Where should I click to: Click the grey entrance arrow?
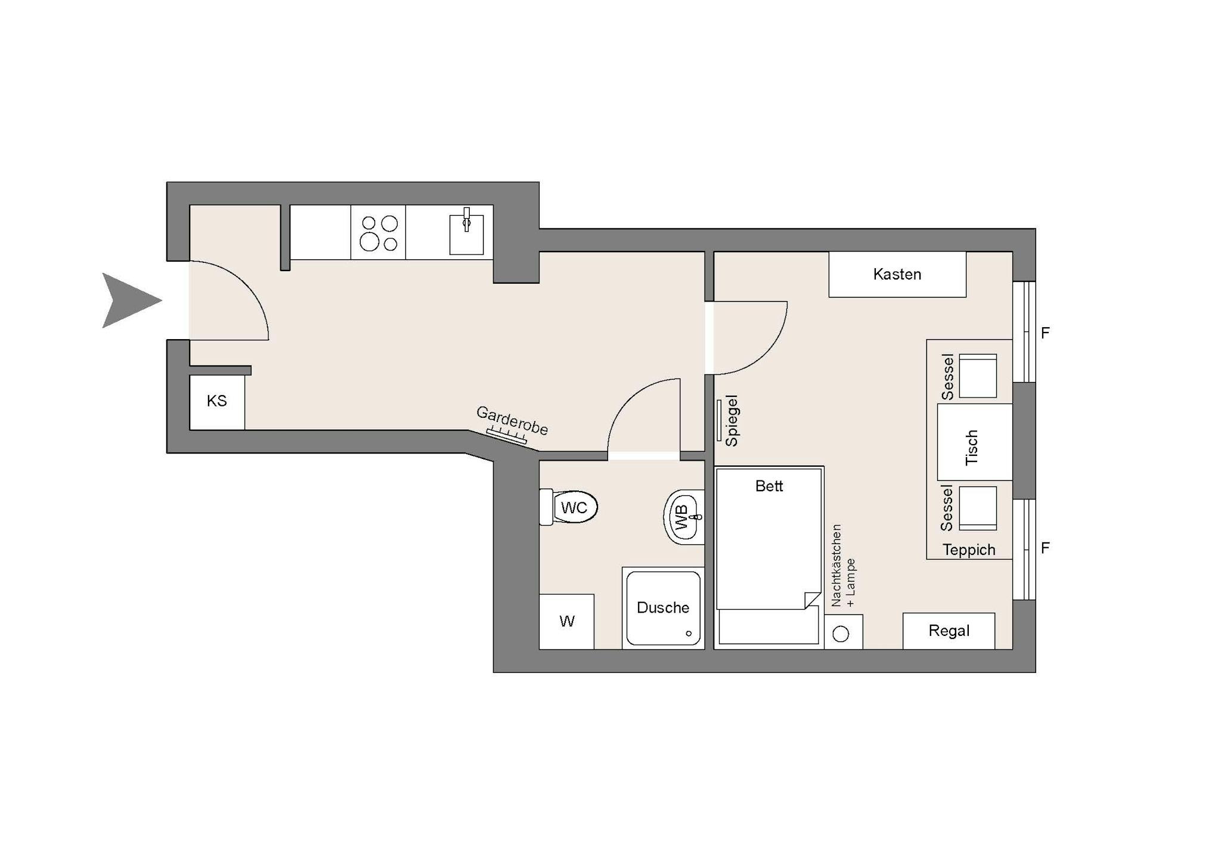[x=128, y=300]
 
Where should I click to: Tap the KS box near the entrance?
[x=217, y=402]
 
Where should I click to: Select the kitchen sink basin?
[x=466, y=235]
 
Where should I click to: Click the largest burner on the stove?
[x=370, y=242]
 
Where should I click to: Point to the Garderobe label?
[x=512, y=420]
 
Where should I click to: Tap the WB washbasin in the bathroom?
[x=684, y=517]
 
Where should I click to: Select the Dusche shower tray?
[x=663, y=608]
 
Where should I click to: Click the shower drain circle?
[x=689, y=634]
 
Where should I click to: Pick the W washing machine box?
[x=566, y=622]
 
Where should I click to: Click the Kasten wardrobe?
[x=897, y=274]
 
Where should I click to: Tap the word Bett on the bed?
[x=769, y=486]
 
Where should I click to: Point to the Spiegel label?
[x=732, y=421]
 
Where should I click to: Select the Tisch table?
[x=975, y=442]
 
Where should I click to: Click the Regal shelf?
[x=949, y=631]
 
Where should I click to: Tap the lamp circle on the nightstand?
[x=841, y=634]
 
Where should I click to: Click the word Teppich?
[x=969, y=550]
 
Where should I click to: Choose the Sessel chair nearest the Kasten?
[x=978, y=376]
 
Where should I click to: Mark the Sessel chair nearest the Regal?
[x=978, y=508]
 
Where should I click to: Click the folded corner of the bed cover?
[x=812, y=600]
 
